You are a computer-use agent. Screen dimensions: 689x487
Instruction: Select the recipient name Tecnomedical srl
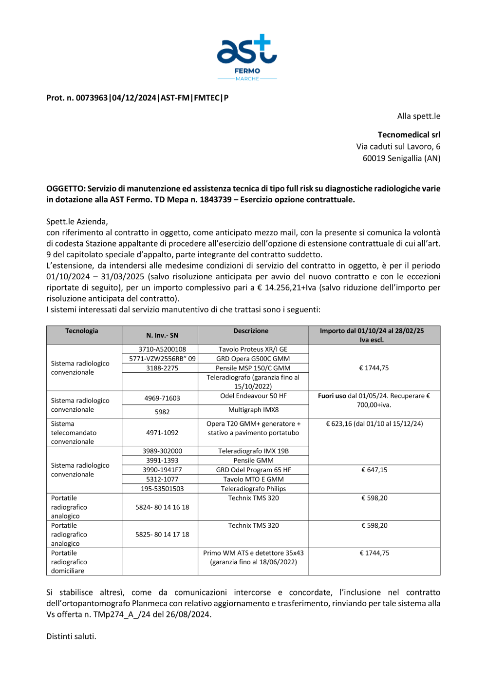click(x=409, y=135)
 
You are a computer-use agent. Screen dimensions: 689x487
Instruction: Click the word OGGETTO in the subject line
click(x=65, y=189)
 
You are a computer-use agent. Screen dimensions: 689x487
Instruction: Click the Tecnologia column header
click(x=82, y=331)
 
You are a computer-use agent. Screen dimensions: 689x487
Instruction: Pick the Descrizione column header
click(x=251, y=331)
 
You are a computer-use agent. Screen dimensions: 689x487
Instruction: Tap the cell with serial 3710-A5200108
click(x=162, y=349)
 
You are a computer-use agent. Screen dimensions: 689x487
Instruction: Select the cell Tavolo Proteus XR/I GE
click(x=253, y=349)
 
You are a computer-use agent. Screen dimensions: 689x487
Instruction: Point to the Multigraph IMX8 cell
click(x=253, y=410)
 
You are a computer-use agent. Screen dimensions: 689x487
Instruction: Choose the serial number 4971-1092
click(x=162, y=433)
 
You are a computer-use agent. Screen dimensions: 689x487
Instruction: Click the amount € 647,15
click(x=374, y=470)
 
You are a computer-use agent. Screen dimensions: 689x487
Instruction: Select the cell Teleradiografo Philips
click(x=253, y=489)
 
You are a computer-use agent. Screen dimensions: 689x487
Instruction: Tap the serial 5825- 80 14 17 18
click(x=162, y=535)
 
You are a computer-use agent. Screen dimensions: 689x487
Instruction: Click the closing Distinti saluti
click(x=71, y=636)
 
